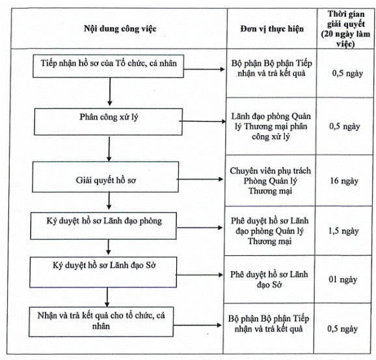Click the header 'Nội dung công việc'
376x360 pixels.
120,29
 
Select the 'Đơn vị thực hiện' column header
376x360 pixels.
272,29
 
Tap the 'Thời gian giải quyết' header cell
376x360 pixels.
345,29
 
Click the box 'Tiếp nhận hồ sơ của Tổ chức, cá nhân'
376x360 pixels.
108,66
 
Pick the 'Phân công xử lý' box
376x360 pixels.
108,122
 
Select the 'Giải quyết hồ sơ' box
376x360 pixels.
105,177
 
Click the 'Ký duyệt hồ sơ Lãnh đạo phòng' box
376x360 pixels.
103,226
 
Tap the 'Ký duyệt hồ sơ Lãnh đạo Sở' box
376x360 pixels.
103,272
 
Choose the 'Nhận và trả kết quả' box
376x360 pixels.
101,322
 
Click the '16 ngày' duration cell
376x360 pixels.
344,181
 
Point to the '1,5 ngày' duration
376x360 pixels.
343,231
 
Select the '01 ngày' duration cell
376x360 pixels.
343,279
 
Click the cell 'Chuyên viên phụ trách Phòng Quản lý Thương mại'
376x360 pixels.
270,181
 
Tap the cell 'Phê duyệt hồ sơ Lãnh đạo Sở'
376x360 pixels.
269,279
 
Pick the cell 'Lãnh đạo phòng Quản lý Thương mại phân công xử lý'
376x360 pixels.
271,126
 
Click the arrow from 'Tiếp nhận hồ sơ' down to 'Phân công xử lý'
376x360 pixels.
110,92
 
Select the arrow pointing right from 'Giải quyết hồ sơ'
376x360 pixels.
200,179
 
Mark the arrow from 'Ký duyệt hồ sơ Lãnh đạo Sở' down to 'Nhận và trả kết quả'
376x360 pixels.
107,297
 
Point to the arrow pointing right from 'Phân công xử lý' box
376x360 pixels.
202,122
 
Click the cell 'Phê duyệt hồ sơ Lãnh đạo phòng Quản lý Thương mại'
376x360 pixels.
270,231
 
